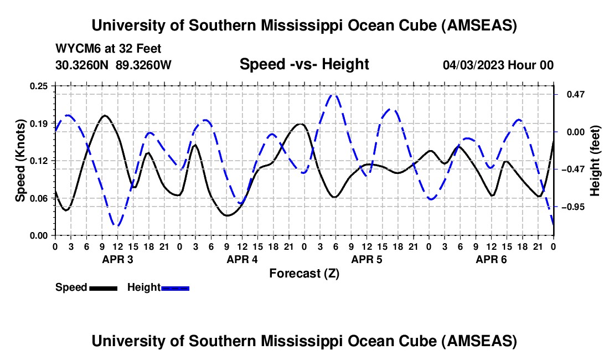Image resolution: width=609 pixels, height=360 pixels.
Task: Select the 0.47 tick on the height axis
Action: (x=571, y=95)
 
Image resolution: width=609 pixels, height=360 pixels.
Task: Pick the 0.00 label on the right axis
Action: (x=571, y=132)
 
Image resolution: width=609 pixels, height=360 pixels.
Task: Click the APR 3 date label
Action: (x=117, y=259)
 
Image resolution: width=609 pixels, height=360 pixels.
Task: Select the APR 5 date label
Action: (x=366, y=259)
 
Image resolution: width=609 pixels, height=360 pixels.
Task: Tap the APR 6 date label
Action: (x=491, y=259)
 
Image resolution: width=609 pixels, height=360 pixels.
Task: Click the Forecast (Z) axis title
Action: (x=304, y=273)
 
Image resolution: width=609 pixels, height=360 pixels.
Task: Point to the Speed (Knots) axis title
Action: (x=20, y=161)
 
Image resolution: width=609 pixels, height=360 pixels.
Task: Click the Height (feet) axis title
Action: (x=595, y=161)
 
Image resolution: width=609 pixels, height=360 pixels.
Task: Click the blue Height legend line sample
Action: (x=175, y=287)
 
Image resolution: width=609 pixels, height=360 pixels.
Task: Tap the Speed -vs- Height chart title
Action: (x=304, y=64)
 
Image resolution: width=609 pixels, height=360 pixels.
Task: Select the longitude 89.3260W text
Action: (x=144, y=65)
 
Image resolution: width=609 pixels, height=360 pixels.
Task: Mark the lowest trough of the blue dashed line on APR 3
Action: (x=117, y=225)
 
